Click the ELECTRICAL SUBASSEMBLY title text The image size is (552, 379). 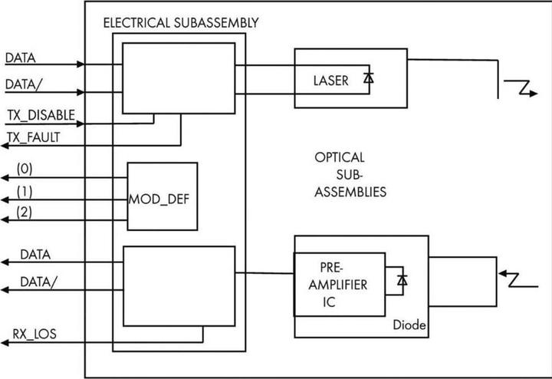[x=180, y=22]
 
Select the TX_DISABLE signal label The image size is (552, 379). [x=41, y=116]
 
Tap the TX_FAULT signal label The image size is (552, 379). [x=36, y=137]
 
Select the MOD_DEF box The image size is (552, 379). [x=162, y=196]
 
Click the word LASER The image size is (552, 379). [x=330, y=80]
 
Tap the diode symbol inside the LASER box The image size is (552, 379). [x=369, y=78]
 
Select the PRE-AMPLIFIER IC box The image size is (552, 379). [x=340, y=283]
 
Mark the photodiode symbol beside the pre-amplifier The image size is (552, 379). [x=402, y=280]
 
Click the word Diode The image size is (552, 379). [x=408, y=326]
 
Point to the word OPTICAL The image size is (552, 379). [x=339, y=157]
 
